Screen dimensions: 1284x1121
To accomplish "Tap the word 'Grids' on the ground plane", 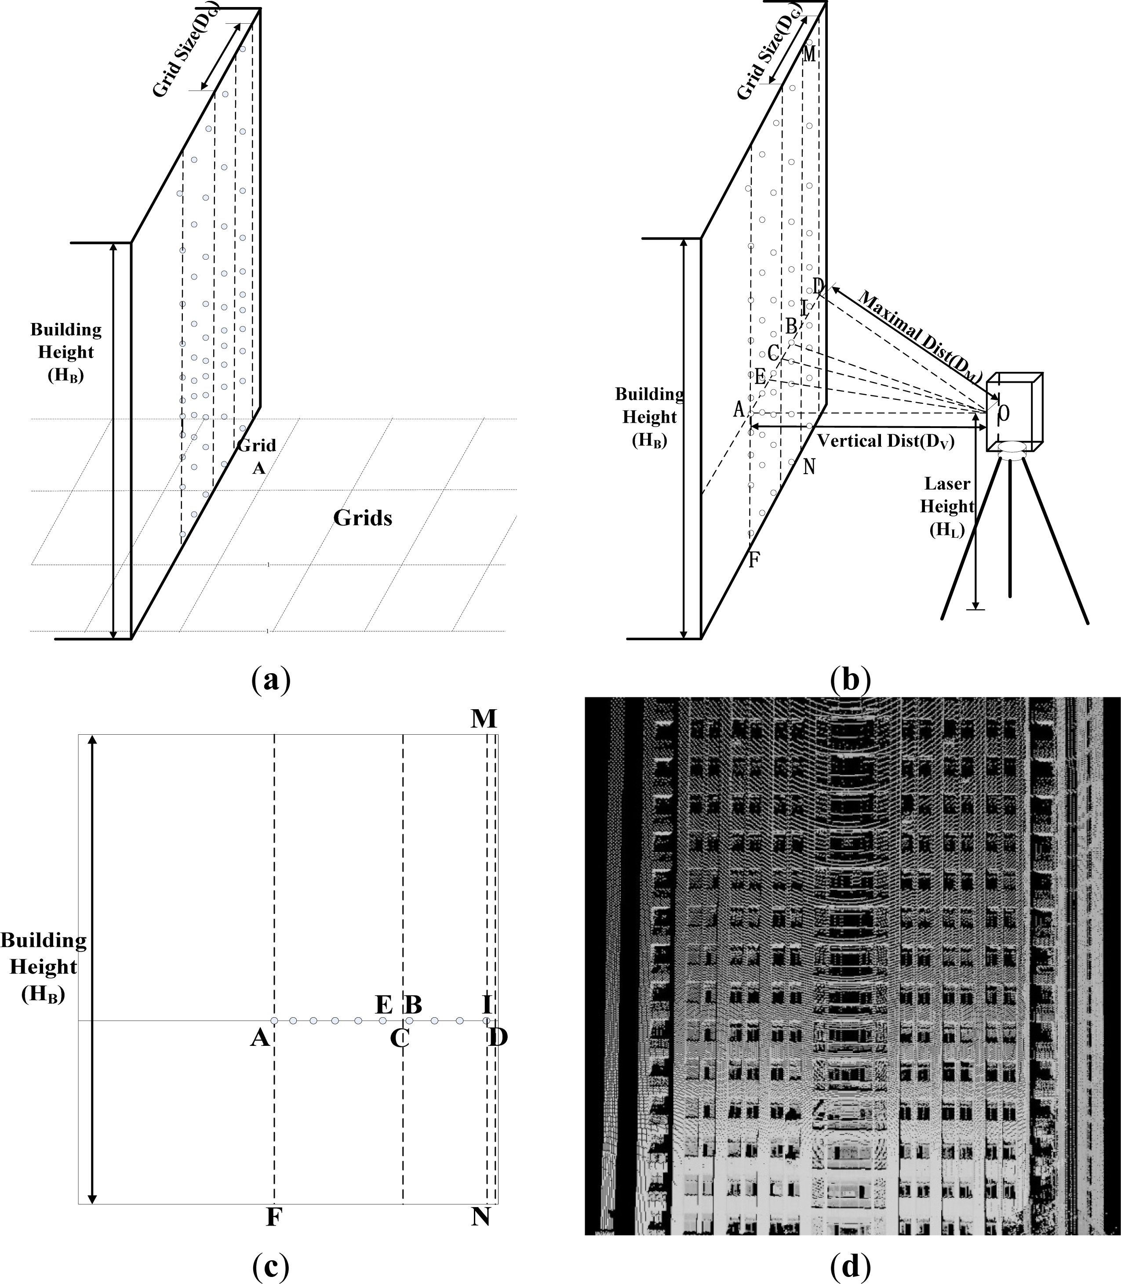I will (x=362, y=518).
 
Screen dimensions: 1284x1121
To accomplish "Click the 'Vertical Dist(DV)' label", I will (x=886, y=441).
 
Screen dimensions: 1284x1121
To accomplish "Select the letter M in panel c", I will (x=484, y=719).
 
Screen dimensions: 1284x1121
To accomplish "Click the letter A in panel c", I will (x=260, y=1039).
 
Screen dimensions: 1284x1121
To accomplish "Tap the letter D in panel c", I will (x=499, y=1038).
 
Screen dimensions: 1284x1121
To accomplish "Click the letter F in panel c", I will (x=272, y=1217).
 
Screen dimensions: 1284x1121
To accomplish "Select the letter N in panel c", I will (x=480, y=1217).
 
